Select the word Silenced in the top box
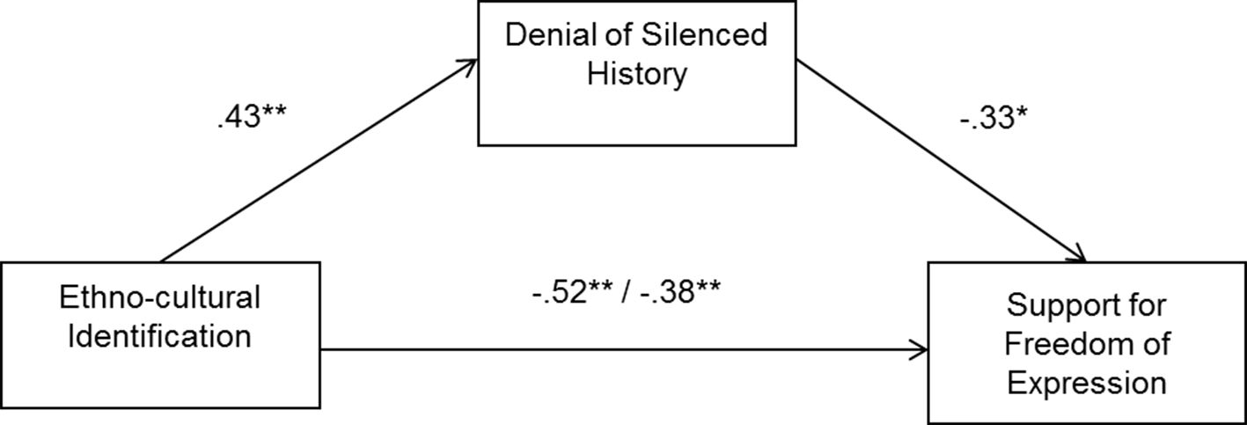tap(704, 34)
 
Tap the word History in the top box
tap(637, 74)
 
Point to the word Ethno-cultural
tap(160, 297)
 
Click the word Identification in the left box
tap(160, 336)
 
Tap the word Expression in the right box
tap(1087, 384)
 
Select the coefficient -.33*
tap(994, 118)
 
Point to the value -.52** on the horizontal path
tap(573, 291)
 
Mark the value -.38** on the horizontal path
tap(680, 291)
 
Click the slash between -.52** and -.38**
tap(627, 291)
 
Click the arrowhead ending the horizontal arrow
tap(920, 350)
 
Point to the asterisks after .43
tap(274, 111)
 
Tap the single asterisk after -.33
tap(1021, 112)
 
